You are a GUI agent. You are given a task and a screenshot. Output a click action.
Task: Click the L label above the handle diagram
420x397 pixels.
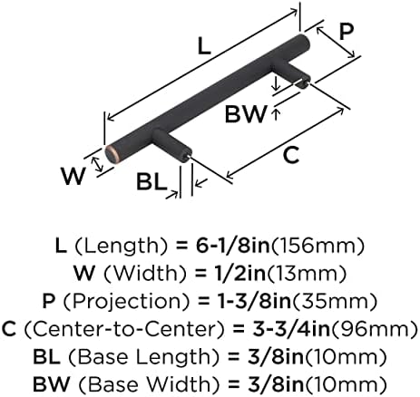click(204, 47)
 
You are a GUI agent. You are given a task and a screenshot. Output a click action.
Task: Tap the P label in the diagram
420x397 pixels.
click(347, 32)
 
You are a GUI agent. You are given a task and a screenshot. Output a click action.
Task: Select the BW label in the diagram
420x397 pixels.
click(246, 114)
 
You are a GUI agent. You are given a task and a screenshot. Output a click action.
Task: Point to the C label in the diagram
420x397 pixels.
click(291, 155)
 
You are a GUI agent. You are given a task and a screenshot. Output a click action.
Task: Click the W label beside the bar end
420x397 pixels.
click(73, 176)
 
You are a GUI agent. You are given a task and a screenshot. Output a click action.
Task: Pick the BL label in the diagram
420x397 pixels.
click(151, 181)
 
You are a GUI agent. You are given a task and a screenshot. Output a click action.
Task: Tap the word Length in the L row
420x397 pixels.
click(121, 247)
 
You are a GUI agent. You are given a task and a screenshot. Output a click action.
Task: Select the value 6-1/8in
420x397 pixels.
click(233, 246)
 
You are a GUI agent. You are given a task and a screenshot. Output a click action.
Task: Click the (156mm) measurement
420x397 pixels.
click(317, 247)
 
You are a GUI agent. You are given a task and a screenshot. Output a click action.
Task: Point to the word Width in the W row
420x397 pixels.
click(145, 274)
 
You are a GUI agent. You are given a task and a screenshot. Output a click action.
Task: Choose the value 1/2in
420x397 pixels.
click(237, 274)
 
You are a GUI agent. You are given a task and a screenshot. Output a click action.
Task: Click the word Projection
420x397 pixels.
click(127, 302)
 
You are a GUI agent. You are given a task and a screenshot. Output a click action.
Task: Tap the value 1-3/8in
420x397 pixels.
click(255, 301)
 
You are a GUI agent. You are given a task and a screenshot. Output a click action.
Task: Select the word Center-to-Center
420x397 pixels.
click(124, 329)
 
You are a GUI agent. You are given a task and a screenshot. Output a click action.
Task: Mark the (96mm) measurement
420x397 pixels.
click(375, 329)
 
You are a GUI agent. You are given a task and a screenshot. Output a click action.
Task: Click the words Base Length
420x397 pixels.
click(143, 357)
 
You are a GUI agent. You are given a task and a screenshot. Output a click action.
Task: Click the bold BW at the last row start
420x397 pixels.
click(51, 384)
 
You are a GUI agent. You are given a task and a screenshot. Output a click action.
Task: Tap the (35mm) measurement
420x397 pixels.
click(335, 302)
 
